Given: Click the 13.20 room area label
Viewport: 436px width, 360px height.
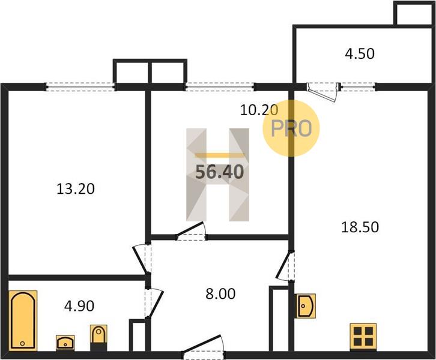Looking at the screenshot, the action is coord(76,189).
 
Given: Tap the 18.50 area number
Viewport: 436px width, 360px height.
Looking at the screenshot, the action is coord(360,227).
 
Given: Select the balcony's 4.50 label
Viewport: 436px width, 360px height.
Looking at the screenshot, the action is coord(360,54).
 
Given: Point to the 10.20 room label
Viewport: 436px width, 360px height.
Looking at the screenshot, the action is coord(259,110).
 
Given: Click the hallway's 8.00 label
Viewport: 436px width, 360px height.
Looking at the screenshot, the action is coord(220,294).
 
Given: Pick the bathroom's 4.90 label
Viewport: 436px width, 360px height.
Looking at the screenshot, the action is coord(79,306).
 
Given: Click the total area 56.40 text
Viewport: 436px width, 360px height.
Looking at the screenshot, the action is coord(220,172).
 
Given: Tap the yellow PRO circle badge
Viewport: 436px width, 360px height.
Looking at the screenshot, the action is coord(291,128).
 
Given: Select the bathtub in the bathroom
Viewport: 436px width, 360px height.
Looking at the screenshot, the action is coord(23,320).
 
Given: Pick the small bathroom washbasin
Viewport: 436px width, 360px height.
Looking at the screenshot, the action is coord(65,342).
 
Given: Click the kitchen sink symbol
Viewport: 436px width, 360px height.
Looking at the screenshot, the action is coord(305,306).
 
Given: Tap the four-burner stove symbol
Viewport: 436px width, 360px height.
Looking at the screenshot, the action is coord(363,336).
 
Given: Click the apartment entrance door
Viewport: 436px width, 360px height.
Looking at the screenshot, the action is coord(203,346).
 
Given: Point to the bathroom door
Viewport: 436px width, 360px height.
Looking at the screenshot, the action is coord(153,303).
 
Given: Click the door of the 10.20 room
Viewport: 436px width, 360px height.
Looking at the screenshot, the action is coord(191,231).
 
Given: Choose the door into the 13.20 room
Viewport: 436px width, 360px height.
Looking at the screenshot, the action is coord(142,259).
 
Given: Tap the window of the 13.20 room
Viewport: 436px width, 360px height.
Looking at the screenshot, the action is coord(80,86).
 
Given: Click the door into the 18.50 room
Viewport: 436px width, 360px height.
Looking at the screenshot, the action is coord(285,265).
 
